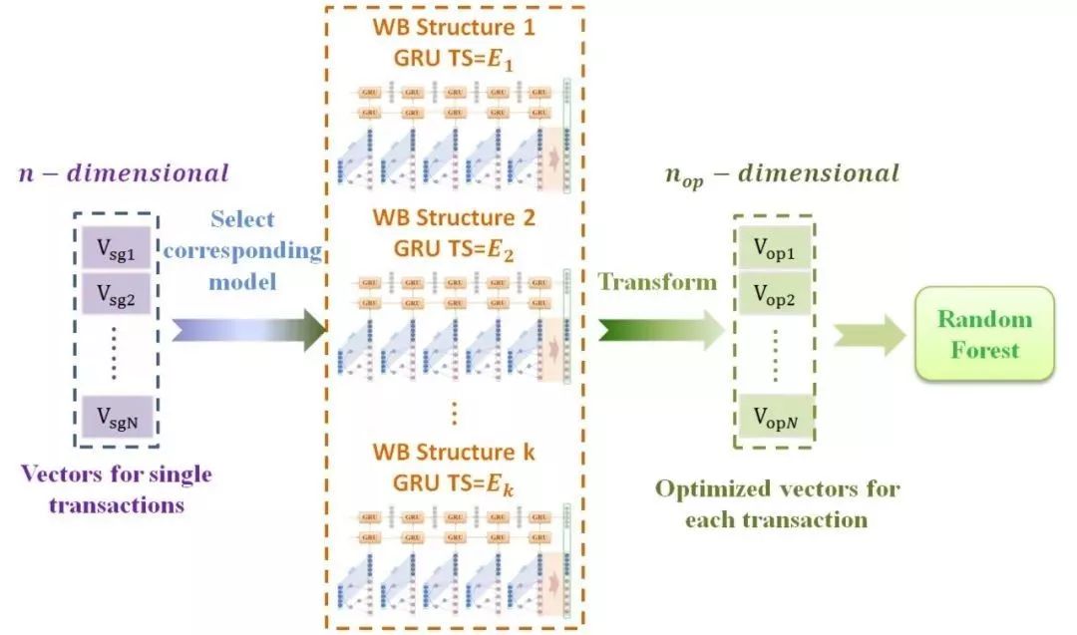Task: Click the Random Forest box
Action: coord(983,334)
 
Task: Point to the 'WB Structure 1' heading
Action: coord(454,28)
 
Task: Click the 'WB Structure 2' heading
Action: coord(454,216)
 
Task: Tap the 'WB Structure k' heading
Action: coord(454,452)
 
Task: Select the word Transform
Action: coord(658,282)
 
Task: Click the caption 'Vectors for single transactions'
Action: coord(118,488)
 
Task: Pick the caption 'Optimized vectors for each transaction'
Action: coord(777,503)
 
